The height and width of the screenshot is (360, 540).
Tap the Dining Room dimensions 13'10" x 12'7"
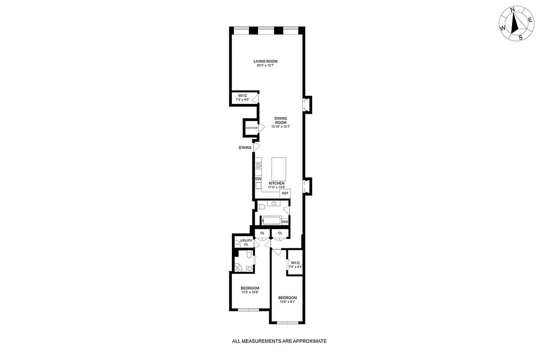point(280,127)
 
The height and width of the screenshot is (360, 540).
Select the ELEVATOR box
point(251,128)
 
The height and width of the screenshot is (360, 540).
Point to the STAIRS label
point(245,147)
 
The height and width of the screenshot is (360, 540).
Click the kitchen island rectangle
point(279,168)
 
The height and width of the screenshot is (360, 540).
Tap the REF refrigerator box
point(285,193)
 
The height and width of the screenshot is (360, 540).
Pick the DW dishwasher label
point(258,179)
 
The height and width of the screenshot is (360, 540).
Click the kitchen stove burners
point(259,166)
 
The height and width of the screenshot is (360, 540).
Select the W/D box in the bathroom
point(285,222)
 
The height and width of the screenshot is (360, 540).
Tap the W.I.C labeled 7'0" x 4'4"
point(295,265)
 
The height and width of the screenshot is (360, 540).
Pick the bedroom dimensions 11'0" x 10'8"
point(250,292)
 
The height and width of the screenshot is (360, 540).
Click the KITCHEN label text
point(277,183)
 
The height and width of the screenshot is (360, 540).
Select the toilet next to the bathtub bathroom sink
point(261,207)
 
